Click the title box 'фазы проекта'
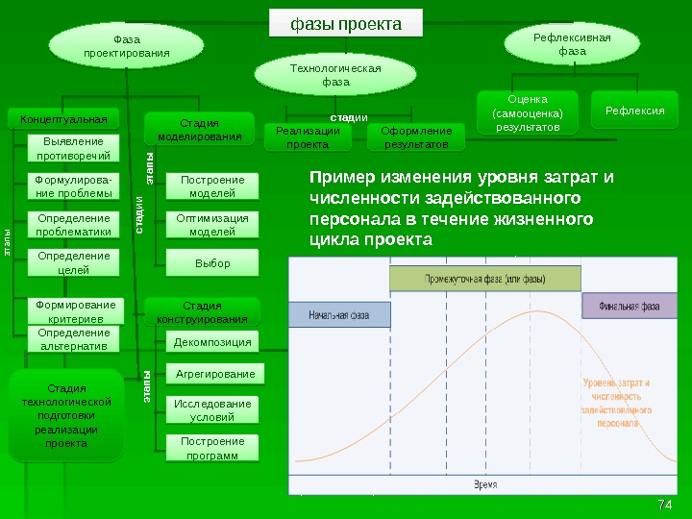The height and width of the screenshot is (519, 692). tap(346, 24)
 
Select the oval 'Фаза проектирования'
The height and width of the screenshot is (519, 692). tap(126, 46)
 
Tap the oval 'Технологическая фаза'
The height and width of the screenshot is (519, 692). tap(335, 75)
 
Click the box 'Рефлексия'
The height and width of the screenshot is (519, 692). tap(635, 111)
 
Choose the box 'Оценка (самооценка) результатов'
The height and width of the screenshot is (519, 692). tap(528, 112)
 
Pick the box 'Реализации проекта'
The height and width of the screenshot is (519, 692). tap(308, 137)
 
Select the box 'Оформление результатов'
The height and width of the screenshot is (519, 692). tap(416, 137)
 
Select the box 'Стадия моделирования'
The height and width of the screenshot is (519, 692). tap(200, 130)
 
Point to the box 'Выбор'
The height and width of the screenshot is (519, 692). tap(212, 262)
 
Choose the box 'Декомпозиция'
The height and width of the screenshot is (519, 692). tap(212, 342)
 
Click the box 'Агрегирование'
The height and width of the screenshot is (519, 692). tap(212, 374)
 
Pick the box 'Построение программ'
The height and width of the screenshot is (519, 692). tap(212, 448)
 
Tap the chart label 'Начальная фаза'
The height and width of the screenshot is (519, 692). tap(339, 315)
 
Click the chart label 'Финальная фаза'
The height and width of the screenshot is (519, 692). tap(630, 307)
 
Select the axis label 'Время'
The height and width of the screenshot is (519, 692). tap(485, 485)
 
